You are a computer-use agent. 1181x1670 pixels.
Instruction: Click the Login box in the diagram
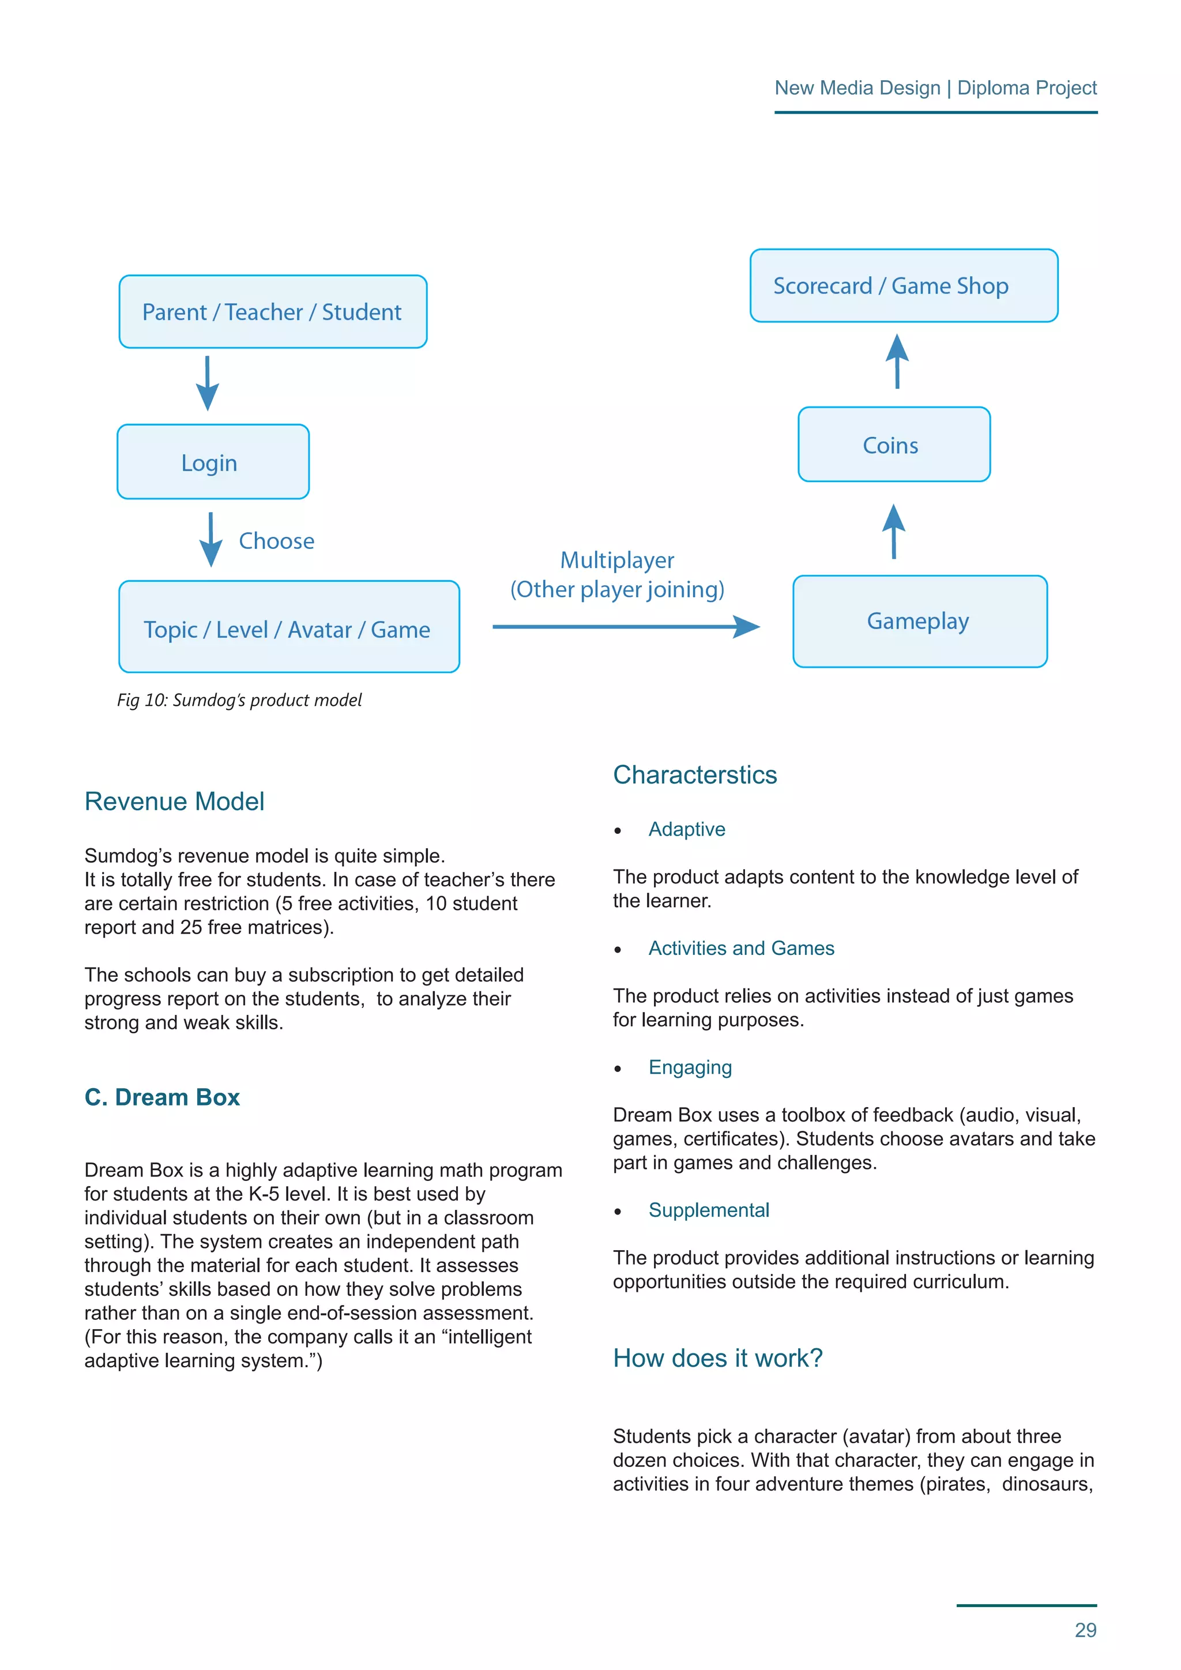(x=213, y=462)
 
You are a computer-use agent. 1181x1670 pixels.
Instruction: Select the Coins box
(x=894, y=445)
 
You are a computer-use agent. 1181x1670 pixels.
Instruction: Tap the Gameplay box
(x=919, y=621)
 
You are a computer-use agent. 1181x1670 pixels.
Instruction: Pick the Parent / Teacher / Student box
(x=273, y=312)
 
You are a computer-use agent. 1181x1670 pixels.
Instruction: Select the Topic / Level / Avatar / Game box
(x=289, y=627)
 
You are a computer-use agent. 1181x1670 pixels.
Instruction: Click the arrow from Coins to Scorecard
(x=897, y=362)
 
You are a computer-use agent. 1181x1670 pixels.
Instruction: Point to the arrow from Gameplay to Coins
(x=894, y=531)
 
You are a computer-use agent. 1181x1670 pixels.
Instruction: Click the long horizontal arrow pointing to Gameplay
(x=626, y=626)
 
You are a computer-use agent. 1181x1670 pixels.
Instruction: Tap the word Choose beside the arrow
(x=276, y=541)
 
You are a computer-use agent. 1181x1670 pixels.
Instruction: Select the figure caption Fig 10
(x=239, y=699)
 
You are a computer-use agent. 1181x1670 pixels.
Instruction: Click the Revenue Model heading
(x=175, y=802)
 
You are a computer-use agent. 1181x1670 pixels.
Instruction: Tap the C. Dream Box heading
(x=162, y=1097)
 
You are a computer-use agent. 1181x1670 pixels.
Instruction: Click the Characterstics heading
(x=694, y=774)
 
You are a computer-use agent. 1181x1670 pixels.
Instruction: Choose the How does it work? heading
(x=718, y=1358)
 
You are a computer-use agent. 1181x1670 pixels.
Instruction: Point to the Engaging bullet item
(x=690, y=1067)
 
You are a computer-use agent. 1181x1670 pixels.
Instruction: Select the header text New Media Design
(x=857, y=88)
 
